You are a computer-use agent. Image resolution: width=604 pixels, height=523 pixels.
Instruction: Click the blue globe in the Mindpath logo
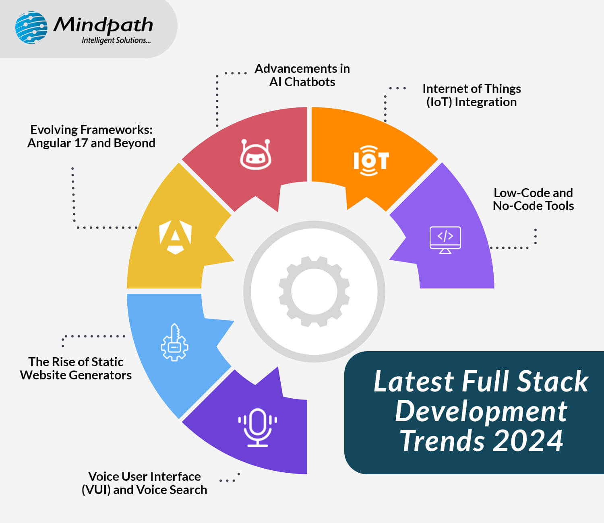click(31, 27)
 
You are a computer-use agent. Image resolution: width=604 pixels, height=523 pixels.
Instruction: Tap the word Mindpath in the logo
click(103, 25)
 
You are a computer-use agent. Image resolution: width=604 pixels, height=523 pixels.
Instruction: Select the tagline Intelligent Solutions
click(116, 41)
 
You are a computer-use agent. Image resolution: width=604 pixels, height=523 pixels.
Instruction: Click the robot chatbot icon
click(256, 154)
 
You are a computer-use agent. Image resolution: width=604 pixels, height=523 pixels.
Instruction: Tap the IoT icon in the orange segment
click(371, 161)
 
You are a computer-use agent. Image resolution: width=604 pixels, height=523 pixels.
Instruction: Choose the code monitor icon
click(445, 240)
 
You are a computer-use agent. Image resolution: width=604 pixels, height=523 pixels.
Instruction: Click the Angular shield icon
click(175, 237)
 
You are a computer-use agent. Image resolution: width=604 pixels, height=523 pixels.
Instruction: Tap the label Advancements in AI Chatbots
click(302, 75)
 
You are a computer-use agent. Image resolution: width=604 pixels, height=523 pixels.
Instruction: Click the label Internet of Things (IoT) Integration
click(472, 95)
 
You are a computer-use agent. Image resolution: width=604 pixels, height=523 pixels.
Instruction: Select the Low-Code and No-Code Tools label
click(533, 199)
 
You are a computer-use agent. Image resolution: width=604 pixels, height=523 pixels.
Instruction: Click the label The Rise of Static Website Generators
click(76, 369)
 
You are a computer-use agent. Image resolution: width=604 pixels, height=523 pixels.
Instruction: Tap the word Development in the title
click(481, 411)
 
